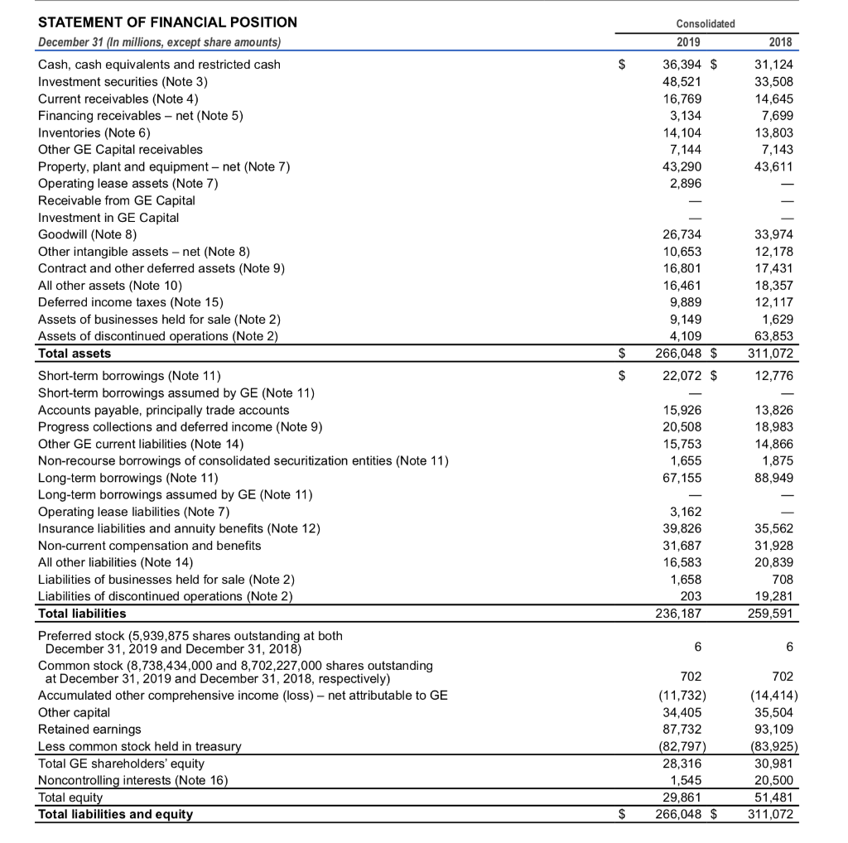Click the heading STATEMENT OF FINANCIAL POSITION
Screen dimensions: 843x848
coord(167,22)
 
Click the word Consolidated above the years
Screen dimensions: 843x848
coord(706,23)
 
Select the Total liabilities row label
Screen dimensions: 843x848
coord(83,614)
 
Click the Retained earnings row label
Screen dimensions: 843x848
coord(89,730)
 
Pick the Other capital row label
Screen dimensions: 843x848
coord(74,712)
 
